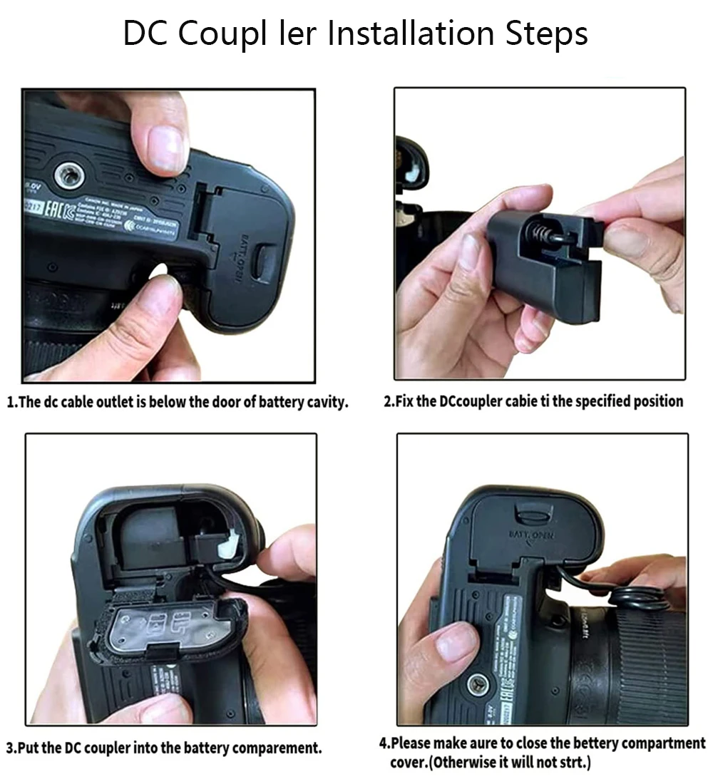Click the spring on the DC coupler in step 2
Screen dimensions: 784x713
click(543, 232)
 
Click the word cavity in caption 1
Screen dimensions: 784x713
click(325, 402)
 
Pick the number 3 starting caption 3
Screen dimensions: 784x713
click(10, 748)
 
